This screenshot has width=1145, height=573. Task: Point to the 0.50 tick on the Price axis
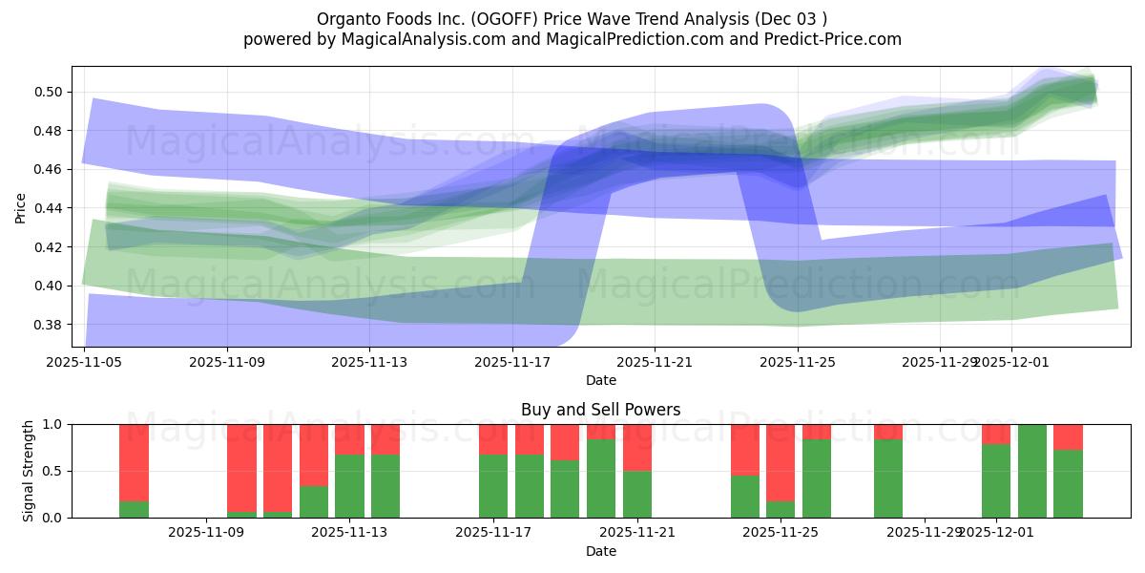tap(48, 92)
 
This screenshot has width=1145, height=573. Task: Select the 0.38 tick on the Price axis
tap(48, 325)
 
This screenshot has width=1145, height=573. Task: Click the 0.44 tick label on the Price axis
tap(48, 208)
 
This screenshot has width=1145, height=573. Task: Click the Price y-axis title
tap(20, 207)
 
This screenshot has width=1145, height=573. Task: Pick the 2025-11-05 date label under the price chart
tap(85, 362)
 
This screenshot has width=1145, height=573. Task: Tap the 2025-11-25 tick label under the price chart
tap(798, 362)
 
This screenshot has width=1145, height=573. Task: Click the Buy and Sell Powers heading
tap(600, 410)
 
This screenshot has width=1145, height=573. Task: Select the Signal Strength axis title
tap(29, 471)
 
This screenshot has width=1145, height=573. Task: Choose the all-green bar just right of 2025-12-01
tap(1032, 471)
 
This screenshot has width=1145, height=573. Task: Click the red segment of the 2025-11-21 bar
tap(637, 447)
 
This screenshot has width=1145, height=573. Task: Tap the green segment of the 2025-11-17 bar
tap(493, 486)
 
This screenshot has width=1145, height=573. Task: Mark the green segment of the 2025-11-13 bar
tap(349, 486)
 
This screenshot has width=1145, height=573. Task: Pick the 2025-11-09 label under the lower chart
tap(205, 532)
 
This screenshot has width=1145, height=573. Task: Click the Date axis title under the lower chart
tap(600, 551)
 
